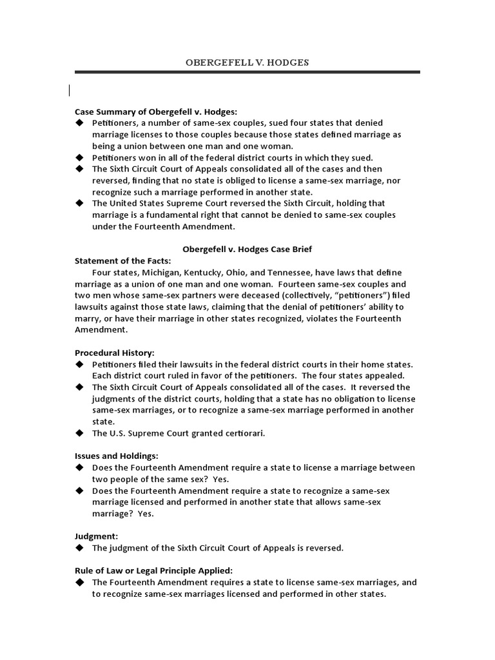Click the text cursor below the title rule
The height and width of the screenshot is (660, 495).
coord(70,91)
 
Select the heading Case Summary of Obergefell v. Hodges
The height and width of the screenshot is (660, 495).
coord(156,112)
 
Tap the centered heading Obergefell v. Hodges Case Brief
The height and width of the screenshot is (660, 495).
coord(247,249)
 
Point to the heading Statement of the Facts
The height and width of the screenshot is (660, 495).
coord(123,260)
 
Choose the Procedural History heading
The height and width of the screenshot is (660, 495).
coord(114,353)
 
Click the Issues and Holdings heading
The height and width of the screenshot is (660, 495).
coord(117,456)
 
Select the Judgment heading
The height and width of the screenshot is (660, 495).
coord(96,536)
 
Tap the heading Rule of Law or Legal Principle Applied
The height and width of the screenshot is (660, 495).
coord(153,570)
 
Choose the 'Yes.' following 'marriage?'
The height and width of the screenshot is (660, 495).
coord(146,514)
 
